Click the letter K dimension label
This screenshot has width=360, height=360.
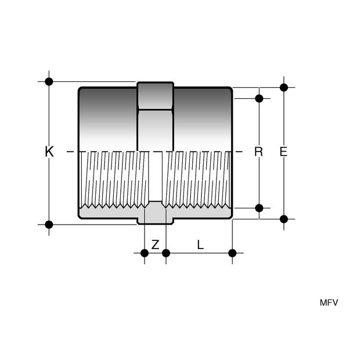49,152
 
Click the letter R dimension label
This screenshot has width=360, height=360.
258,152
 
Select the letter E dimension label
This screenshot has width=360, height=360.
283,152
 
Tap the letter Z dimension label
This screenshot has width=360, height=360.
155,245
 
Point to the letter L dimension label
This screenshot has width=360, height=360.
200,245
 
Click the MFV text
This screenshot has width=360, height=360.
329,303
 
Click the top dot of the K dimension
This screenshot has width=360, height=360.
49,81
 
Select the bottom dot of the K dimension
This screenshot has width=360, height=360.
49,225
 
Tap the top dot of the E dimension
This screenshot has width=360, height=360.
284,88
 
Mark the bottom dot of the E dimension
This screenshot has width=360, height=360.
284,219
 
